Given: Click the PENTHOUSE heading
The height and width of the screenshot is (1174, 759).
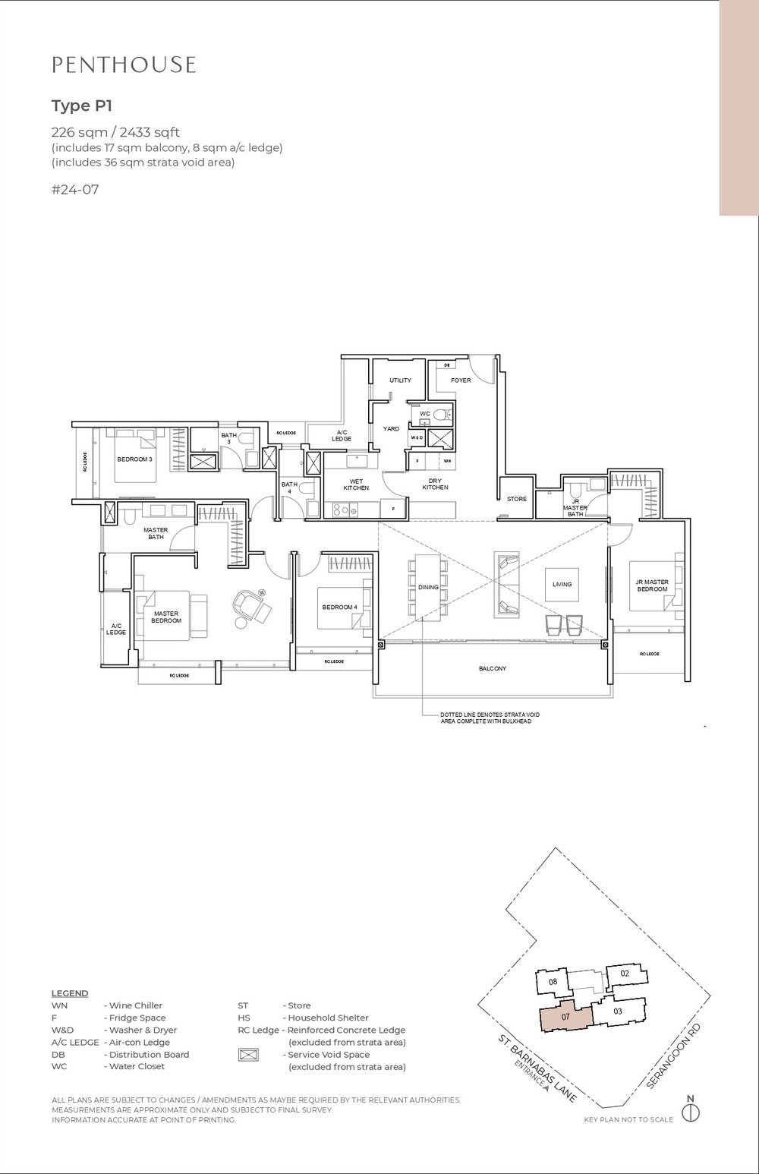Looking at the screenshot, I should point(124,65).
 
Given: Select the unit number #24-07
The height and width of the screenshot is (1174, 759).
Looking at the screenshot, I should point(75,190).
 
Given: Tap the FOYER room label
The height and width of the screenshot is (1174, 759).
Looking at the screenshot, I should point(461,380).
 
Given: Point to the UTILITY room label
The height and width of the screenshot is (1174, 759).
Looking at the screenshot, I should point(400,380).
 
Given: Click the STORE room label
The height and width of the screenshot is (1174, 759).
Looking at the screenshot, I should point(517,499).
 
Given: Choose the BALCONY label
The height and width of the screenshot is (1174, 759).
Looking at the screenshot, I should point(492,669).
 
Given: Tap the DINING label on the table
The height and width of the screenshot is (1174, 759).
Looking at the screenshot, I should point(428,587).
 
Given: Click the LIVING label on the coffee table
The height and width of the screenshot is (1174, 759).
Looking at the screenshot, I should point(562,584).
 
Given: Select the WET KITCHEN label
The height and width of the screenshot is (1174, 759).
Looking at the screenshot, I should point(355,484).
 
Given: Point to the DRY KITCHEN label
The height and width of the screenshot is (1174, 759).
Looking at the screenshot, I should point(436,484).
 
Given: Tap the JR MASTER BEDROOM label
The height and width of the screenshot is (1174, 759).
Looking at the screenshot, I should point(652,585).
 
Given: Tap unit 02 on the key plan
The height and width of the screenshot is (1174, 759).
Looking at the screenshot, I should point(625,973).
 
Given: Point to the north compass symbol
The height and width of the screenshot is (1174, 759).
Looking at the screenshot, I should point(690,1112).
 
